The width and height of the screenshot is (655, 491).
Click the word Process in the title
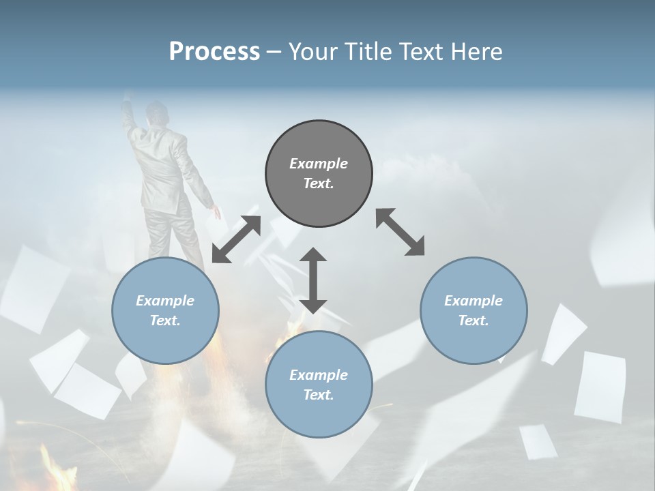click(214, 52)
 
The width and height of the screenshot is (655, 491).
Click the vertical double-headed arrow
click(313, 280)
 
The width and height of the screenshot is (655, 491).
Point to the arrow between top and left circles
click(236, 239)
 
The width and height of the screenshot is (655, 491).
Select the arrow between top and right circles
click(401, 232)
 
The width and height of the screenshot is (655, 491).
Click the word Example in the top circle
click(319, 164)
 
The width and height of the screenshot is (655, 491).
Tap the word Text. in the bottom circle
click(319, 395)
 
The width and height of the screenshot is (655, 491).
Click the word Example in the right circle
click(474, 301)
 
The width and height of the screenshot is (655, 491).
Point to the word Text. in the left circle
click(165, 321)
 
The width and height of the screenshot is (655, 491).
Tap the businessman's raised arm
click(129, 116)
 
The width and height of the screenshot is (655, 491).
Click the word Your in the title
click(310, 52)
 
